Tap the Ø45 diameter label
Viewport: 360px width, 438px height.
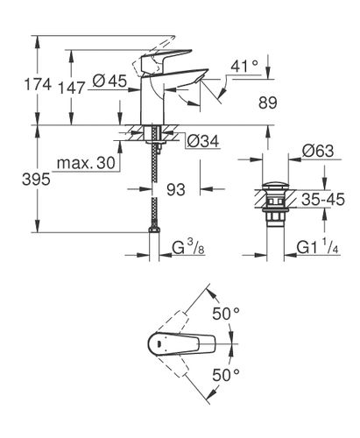pos(109,81)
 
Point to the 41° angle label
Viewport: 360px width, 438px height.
pos(246,65)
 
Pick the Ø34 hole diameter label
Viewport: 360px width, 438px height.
pos(203,138)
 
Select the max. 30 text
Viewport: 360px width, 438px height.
pos(82,164)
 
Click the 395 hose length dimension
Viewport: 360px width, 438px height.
pos(19,178)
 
